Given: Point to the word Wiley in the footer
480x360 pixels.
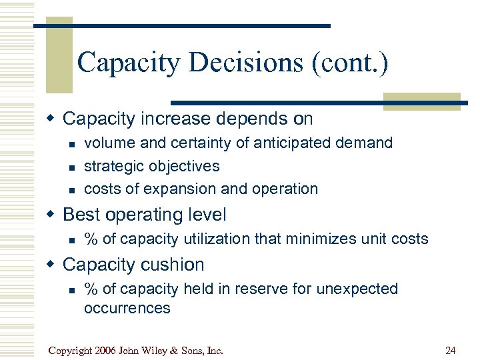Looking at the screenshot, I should coord(161,350).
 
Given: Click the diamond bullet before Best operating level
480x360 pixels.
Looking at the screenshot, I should coord(51,215).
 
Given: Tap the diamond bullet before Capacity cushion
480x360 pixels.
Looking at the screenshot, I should coord(51,264).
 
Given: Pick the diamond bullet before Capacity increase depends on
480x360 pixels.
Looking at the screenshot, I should coord(51,119).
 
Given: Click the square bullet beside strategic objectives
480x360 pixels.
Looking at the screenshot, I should coord(69,167).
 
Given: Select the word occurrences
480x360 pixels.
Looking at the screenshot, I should coord(127,307).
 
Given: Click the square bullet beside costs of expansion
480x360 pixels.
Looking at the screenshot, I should coord(69,189).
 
